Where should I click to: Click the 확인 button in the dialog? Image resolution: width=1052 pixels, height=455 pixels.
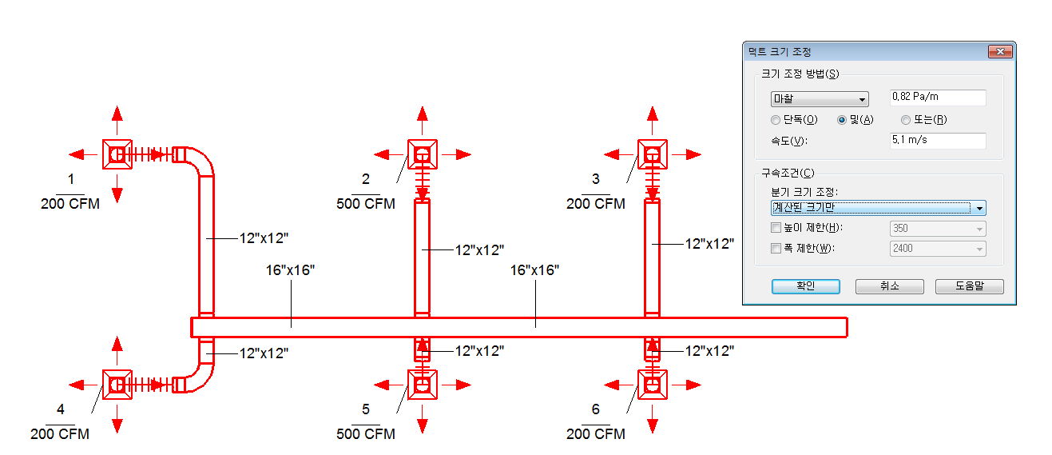pyautogui.click(x=805, y=286)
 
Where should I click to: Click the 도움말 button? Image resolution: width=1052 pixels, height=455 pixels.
pyautogui.click(x=970, y=286)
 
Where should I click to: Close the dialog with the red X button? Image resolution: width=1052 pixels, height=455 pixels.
pyautogui.click(x=1000, y=52)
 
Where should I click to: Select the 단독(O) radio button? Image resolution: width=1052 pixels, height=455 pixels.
pyautogui.click(x=776, y=120)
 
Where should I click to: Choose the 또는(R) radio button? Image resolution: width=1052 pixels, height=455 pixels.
pyautogui.click(x=906, y=120)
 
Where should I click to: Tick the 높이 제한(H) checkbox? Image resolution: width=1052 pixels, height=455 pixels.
pyautogui.click(x=776, y=228)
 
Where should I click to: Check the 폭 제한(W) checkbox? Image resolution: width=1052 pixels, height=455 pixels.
pyautogui.click(x=776, y=248)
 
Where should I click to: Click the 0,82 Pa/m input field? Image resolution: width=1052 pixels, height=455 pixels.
pyautogui.click(x=938, y=98)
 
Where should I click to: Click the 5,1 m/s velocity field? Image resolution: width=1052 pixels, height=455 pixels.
pyautogui.click(x=938, y=141)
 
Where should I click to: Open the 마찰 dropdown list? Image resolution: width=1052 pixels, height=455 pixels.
pyautogui.click(x=820, y=99)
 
